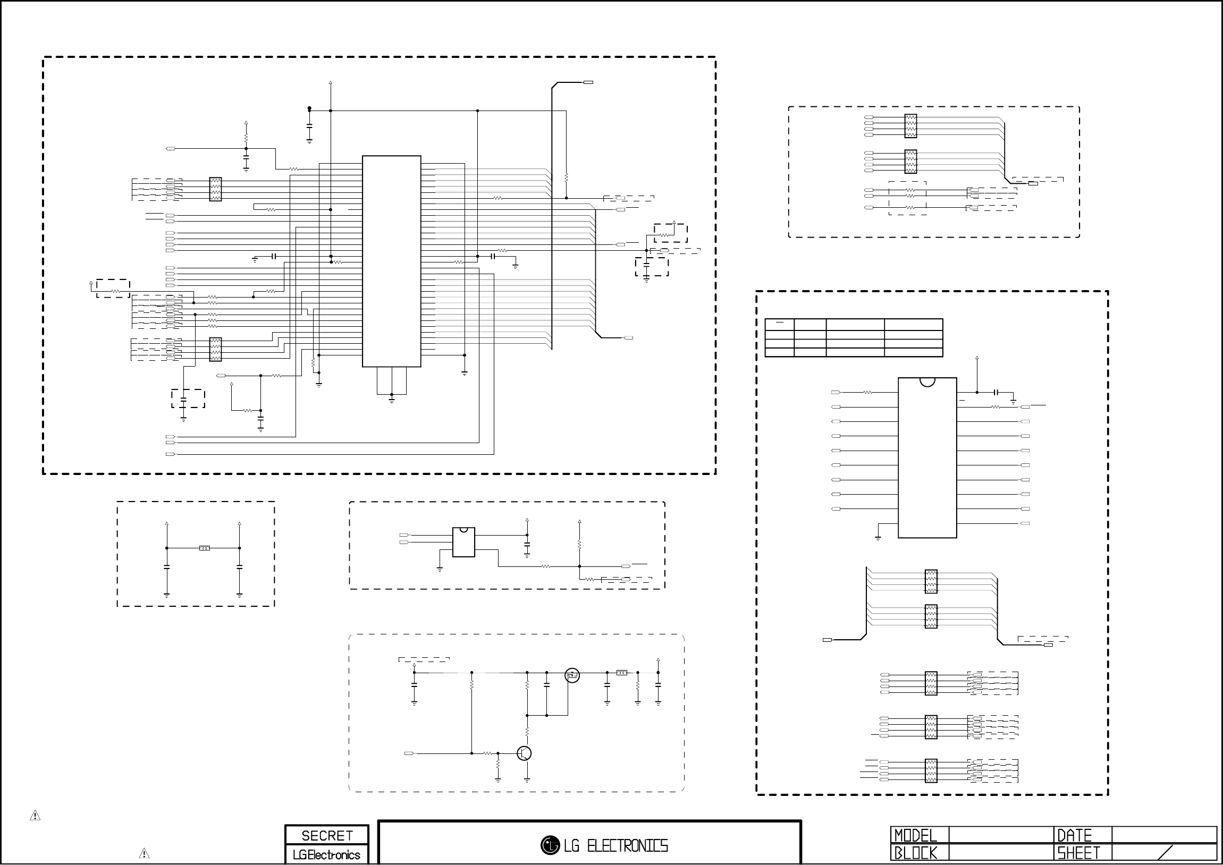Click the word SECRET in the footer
326,836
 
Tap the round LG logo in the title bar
550,845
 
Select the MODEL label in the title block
915,835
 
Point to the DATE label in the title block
1074,835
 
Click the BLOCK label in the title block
915,853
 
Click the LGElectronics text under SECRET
326,855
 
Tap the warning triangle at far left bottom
35,816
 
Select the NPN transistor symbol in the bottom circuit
524,753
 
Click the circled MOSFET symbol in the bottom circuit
572,675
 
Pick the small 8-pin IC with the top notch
463,542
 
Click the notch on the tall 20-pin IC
927,381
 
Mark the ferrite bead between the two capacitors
205,548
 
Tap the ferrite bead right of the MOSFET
622,673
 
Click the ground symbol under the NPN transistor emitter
527,780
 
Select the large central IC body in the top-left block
392,261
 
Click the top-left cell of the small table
779,324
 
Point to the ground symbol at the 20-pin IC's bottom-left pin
878,538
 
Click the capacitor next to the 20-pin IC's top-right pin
996,393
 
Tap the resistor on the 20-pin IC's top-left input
868,393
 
